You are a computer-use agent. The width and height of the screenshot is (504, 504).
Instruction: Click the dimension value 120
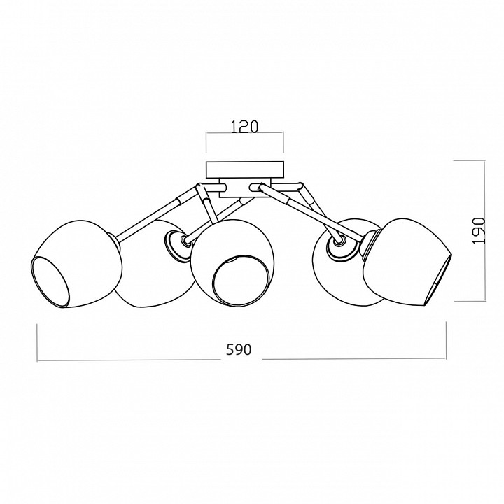coord(244,127)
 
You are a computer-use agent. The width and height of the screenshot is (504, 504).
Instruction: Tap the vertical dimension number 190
coord(478,230)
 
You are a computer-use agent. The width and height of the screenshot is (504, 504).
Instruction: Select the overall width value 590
coord(239,350)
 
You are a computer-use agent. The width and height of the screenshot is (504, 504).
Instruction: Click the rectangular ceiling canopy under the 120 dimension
coord(245,169)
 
